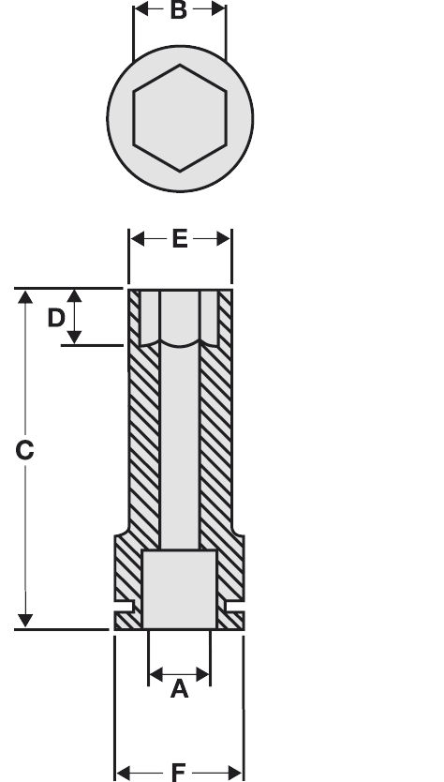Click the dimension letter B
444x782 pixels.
tap(178, 9)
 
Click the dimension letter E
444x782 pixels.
tap(180, 239)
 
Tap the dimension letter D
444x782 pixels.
tap(56, 318)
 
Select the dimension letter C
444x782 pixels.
tap(25, 450)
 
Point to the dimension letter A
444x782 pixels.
tap(180, 689)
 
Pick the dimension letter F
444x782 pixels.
tap(178, 773)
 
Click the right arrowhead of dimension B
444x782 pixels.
tap(217, 8)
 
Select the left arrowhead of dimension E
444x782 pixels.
tap(138, 239)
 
